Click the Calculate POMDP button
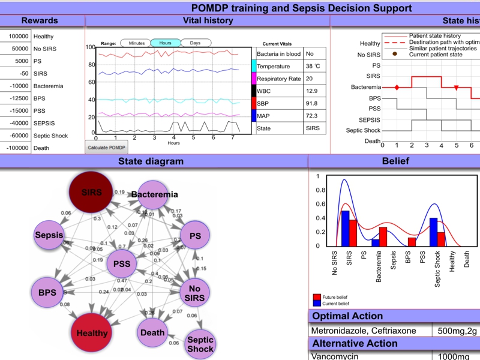106,147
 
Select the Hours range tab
165,43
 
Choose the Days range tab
196,43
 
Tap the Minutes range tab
136,43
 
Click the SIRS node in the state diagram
91,193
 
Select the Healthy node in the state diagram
92,333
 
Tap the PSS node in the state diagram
122,264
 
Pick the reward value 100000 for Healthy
16,37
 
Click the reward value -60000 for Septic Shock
16,136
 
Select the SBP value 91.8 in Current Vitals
313,103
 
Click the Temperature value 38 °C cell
313,66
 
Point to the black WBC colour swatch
253,91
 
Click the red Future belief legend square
316,297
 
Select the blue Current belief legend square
316,303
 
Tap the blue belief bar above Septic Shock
433,232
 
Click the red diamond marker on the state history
397,88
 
